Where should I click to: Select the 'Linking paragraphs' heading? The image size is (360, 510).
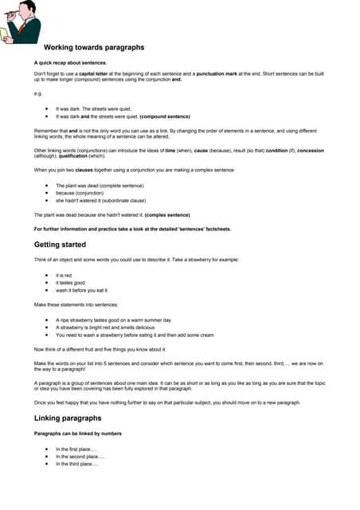(68, 418)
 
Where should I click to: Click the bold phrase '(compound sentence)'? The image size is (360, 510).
(165, 116)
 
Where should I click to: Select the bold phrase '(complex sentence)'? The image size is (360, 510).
(166, 215)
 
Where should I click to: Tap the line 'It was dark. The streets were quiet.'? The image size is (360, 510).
(93, 108)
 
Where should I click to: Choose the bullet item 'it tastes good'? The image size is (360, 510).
(72, 283)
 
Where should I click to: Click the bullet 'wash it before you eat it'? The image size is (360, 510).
(81, 290)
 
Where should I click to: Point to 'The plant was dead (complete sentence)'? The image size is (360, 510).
(100, 185)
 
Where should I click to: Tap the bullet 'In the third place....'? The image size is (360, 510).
(77, 464)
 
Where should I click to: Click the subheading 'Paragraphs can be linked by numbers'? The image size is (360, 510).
(78, 433)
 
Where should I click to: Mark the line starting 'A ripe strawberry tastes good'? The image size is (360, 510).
(113, 320)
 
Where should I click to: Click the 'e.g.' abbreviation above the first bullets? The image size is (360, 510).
(38, 92)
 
